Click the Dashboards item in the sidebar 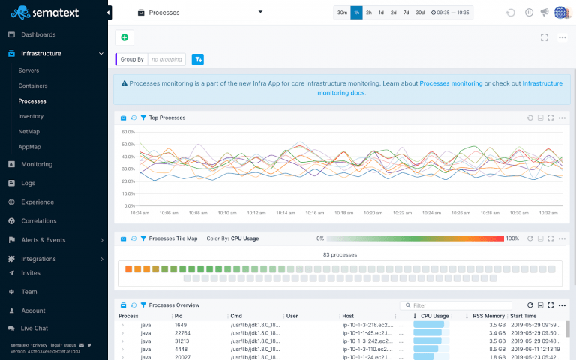(x=37, y=34)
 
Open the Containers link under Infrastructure (x=32, y=85)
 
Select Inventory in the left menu (x=31, y=116)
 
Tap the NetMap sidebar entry (x=29, y=131)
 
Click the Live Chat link (x=34, y=328)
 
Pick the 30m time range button (x=342, y=13)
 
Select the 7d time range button (x=406, y=13)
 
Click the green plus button (x=124, y=37)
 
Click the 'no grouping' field (x=166, y=59)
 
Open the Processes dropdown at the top (x=200, y=13)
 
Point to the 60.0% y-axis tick (x=127, y=132)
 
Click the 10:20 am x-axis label (x=373, y=213)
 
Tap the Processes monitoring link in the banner (x=450, y=83)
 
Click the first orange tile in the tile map (x=128, y=268)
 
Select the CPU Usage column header (x=435, y=316)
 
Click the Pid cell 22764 (x=182, y=332)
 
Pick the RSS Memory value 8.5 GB (x=497, y=348)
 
